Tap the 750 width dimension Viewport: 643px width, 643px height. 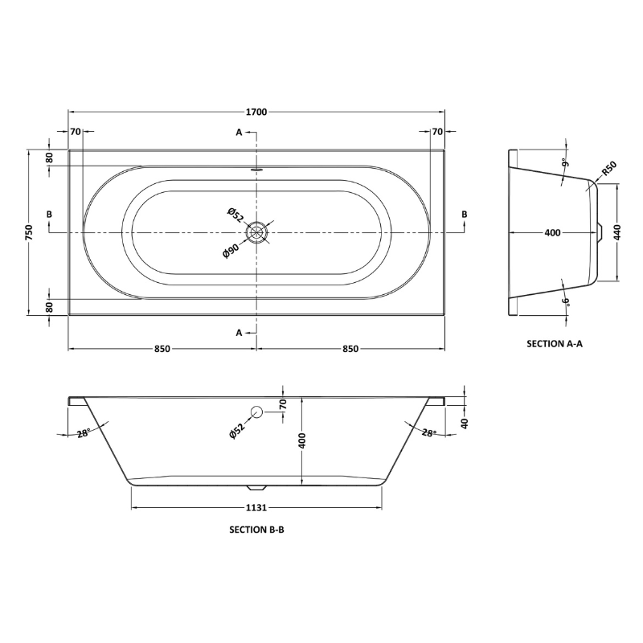point(29,232)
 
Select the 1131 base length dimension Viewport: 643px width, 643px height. point(257,508)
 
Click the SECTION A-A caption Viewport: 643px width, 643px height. point(554,343)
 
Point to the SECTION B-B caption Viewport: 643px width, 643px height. point(257,530)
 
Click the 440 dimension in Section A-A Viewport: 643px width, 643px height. point(617,233)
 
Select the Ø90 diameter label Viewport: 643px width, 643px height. point(231,249)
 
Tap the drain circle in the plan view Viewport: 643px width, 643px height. point(257,232)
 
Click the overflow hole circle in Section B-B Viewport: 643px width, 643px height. point(256,412)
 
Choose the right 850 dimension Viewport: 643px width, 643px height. point(350,349)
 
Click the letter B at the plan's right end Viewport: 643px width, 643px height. point(464,214)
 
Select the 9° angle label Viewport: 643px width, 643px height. point(565,163)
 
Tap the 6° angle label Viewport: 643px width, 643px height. point(565,301)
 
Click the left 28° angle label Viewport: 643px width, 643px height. point(83,433)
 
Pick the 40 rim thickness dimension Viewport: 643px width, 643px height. point(465,423)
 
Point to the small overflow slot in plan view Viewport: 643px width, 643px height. point(257,170)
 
